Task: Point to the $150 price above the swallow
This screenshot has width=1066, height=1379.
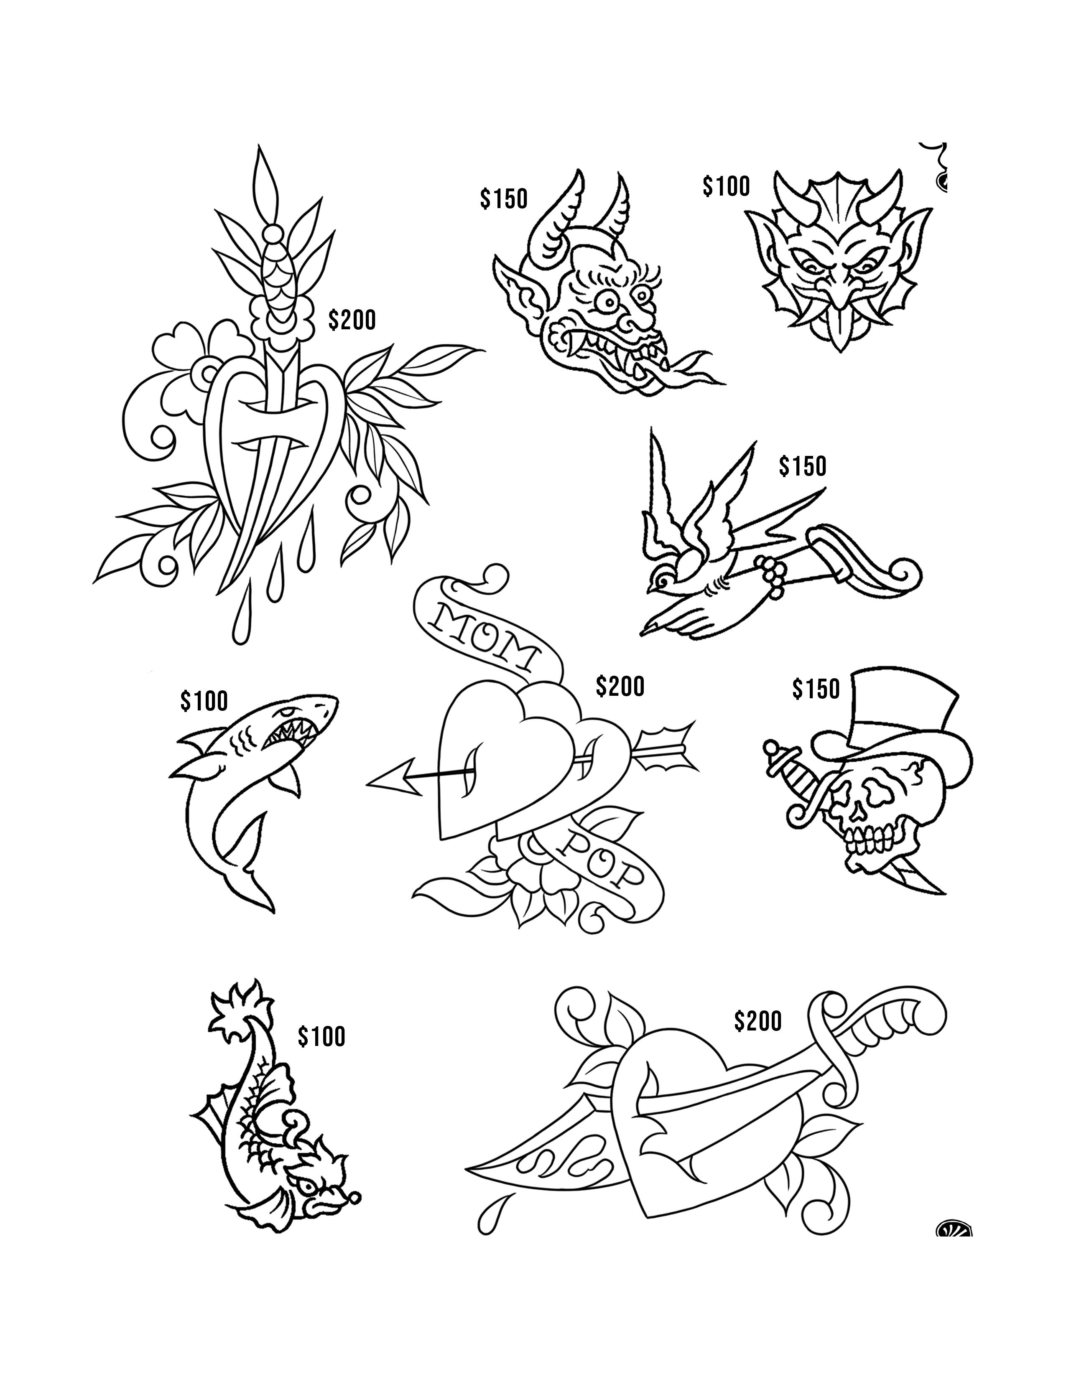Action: (x=802, y=466)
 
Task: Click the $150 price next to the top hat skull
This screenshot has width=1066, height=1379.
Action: (x=816, y=689)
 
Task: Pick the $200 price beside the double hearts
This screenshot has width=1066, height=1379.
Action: (x=620, y=686)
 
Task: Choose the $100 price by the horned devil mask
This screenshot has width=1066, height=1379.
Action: (x=726, y=186)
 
